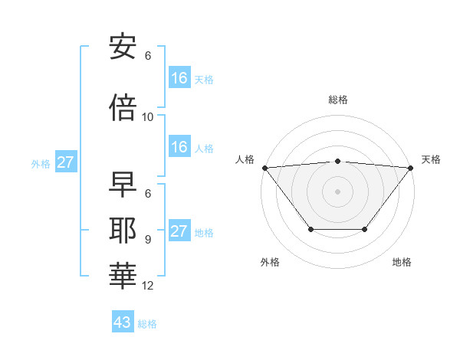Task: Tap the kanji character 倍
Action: coord(122,106)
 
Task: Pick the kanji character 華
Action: coord(122,273)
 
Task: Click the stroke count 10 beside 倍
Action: coord(148,116)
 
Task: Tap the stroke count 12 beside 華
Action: coord(148,286)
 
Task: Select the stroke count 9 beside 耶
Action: coord(147,239)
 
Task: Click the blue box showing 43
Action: coord(123,322)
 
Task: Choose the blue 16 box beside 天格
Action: coord(179,77)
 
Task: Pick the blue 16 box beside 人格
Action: coord(179,147)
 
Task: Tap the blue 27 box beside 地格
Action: coord(179,231)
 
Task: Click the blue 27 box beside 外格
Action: coord(66,162)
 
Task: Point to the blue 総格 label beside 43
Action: coord(147,323)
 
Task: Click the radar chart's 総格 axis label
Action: coord(338,100)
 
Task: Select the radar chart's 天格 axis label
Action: coord(432,159)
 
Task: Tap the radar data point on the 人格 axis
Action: coord(264,168)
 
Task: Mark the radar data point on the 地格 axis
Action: coord(365,229)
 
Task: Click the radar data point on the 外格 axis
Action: coord(310,229)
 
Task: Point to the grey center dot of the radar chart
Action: coord(338,191)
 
